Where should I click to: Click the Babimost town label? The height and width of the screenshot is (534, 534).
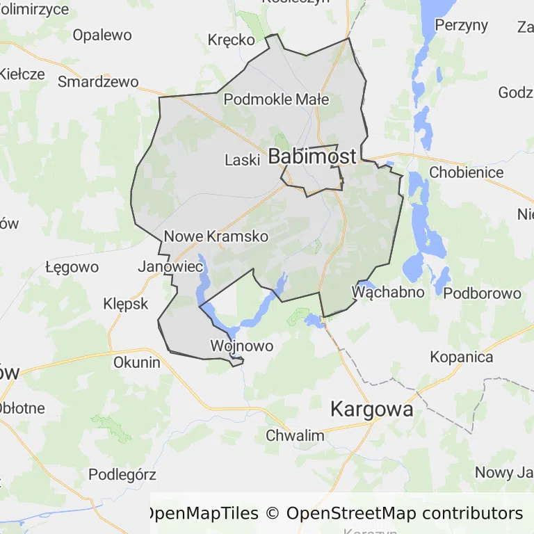[x=312, y=156]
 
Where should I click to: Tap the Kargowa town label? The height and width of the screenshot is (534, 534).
[x=371, y=409]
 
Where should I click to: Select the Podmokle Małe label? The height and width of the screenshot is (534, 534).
[x=276, y=99]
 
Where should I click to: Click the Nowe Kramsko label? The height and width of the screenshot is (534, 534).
[x=216, y=236]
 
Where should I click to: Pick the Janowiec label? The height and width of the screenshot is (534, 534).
[x=170, y=266]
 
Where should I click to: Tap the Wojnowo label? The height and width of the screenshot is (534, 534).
[x=241, y=346]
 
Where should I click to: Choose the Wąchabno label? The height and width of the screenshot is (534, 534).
[x=389, y=291]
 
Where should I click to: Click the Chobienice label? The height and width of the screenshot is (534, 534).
[x=466, y=172]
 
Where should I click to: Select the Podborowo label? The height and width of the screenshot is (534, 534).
[x=482, y=293]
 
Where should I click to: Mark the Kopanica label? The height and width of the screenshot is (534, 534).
[x=462, y=357]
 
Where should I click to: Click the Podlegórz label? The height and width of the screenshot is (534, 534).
[x=122, y=475]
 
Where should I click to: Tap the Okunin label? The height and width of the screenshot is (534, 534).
[x=137, y=362]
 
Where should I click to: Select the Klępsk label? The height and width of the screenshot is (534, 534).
[x=126, y=304]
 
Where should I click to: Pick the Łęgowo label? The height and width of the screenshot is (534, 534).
[x=72, y=267]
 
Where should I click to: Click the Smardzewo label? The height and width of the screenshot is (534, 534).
[x=98, y=81]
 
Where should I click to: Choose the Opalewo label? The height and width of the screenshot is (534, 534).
[x=102, y=35]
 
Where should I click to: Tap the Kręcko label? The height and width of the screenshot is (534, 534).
[x=232, y=40]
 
